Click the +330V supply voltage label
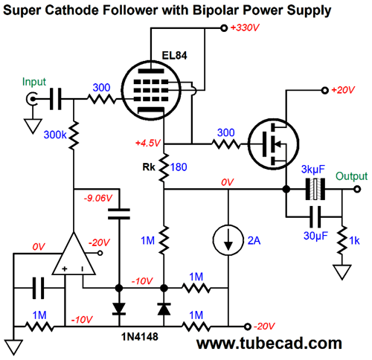(x=245, y=28)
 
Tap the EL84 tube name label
(x=174, y=55)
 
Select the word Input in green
(x=34, y=82)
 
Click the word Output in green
(x=351, y=176)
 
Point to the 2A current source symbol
(x=228, y=240)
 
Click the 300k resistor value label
(x=55, y=135)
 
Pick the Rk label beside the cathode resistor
(x=149, y=167)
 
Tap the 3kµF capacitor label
(x=313, y=170)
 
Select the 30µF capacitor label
(x=315, y=236)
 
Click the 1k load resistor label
(x=354, y=241)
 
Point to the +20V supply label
(x=343, y=90)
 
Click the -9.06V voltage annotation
(x=98, y=198)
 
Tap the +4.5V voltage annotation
(x=148, y=143)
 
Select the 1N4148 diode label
(x=140, y=337)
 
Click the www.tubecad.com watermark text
(x=269, y=344)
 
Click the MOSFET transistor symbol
(x=273, y=144)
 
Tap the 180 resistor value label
(x=179, y=167)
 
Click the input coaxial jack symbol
(x=32, y=99)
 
